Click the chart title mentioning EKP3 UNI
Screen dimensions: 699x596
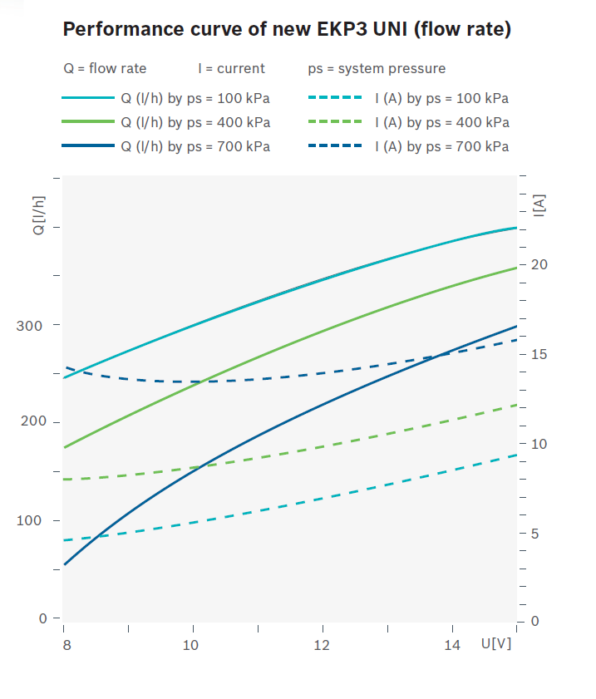287,30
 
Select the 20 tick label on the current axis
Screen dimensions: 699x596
540,264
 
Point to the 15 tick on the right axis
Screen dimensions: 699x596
540,354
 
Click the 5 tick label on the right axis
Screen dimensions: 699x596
536,533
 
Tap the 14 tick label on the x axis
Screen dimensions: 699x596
451,645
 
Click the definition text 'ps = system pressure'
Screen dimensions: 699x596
376,68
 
